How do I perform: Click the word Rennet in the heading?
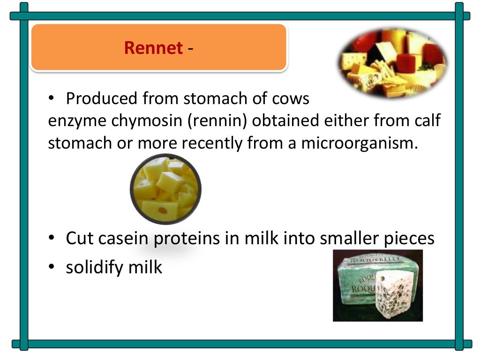click(x=153, y=48)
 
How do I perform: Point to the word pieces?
click(x=406, y=238)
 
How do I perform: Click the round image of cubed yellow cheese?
click(x=165, y=188)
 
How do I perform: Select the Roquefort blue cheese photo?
click(x=377, y=285)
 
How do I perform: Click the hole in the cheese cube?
click(x=163, y=210)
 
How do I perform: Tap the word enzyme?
click(x=77, y=121)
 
